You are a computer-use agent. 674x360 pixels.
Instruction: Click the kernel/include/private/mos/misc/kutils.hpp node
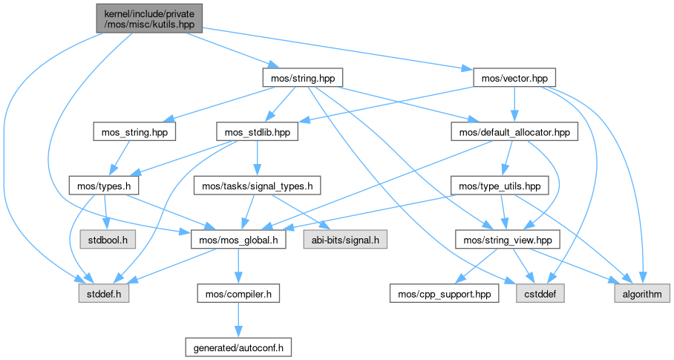[148, 17]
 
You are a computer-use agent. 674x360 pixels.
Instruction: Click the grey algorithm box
[641, 295]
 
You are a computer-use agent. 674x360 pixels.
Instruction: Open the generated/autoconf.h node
[238, 346]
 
